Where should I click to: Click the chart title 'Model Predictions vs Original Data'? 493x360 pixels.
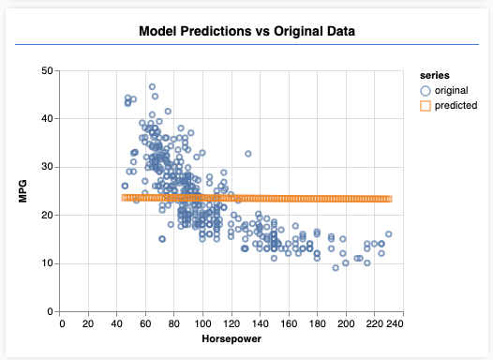point(246,31)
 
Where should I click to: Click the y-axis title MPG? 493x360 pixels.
point(22,190)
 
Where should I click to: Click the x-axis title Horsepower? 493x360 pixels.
point(229,338)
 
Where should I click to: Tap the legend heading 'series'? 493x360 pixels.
point(435,74)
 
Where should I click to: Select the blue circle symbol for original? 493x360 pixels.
point(426,90)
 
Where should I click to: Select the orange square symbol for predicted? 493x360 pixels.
point(426,106)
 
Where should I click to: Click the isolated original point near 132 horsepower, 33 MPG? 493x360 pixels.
point(248,154)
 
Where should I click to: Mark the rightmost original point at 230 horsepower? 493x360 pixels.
point(388,234)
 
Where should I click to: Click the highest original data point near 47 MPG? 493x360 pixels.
point(152,86)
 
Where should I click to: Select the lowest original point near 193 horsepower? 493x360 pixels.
point(335,268)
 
